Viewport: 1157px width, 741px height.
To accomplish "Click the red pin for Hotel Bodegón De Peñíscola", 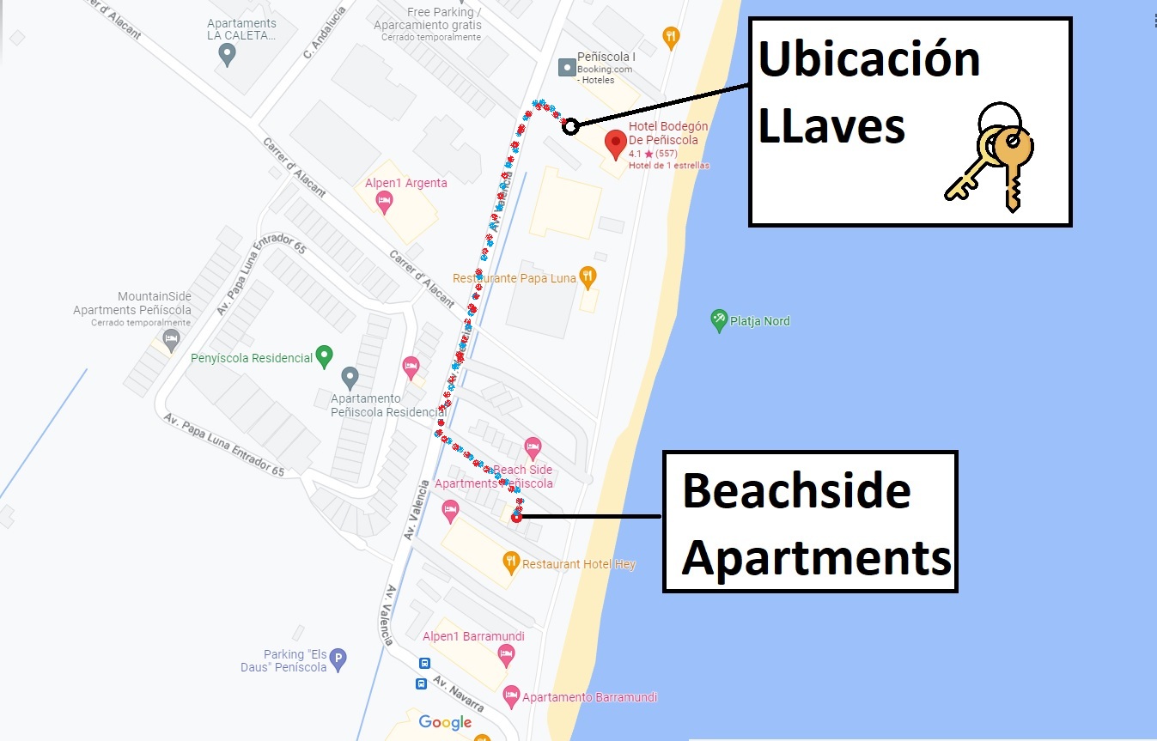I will [616, 143].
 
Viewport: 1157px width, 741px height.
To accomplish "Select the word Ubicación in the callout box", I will [868, 60].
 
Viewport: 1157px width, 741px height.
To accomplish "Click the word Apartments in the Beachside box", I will [816, 558].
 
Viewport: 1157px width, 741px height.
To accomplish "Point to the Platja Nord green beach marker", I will [719, 320].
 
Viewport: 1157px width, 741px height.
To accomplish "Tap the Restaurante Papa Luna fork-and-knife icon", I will [588, 276].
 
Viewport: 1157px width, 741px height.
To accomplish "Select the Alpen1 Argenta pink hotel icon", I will [384, 202].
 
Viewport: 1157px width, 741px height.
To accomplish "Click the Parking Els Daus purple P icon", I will [338, 659].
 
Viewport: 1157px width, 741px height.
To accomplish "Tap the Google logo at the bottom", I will [445, 722].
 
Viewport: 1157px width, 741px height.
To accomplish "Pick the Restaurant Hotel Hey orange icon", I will [510, 563].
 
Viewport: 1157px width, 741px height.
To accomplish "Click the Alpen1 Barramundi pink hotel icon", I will [506, 655].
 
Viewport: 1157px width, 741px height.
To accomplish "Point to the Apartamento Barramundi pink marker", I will [511, 695].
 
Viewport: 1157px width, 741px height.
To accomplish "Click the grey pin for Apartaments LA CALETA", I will [227, 55].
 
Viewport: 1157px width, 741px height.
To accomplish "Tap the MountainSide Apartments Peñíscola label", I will [131, 303].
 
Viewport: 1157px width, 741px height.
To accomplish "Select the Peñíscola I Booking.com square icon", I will [567, 66].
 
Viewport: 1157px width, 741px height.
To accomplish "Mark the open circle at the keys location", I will [570, 126].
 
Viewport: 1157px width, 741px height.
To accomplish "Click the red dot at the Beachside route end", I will [515, 517].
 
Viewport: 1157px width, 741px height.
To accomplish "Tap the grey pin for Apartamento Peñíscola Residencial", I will [350, 377].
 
